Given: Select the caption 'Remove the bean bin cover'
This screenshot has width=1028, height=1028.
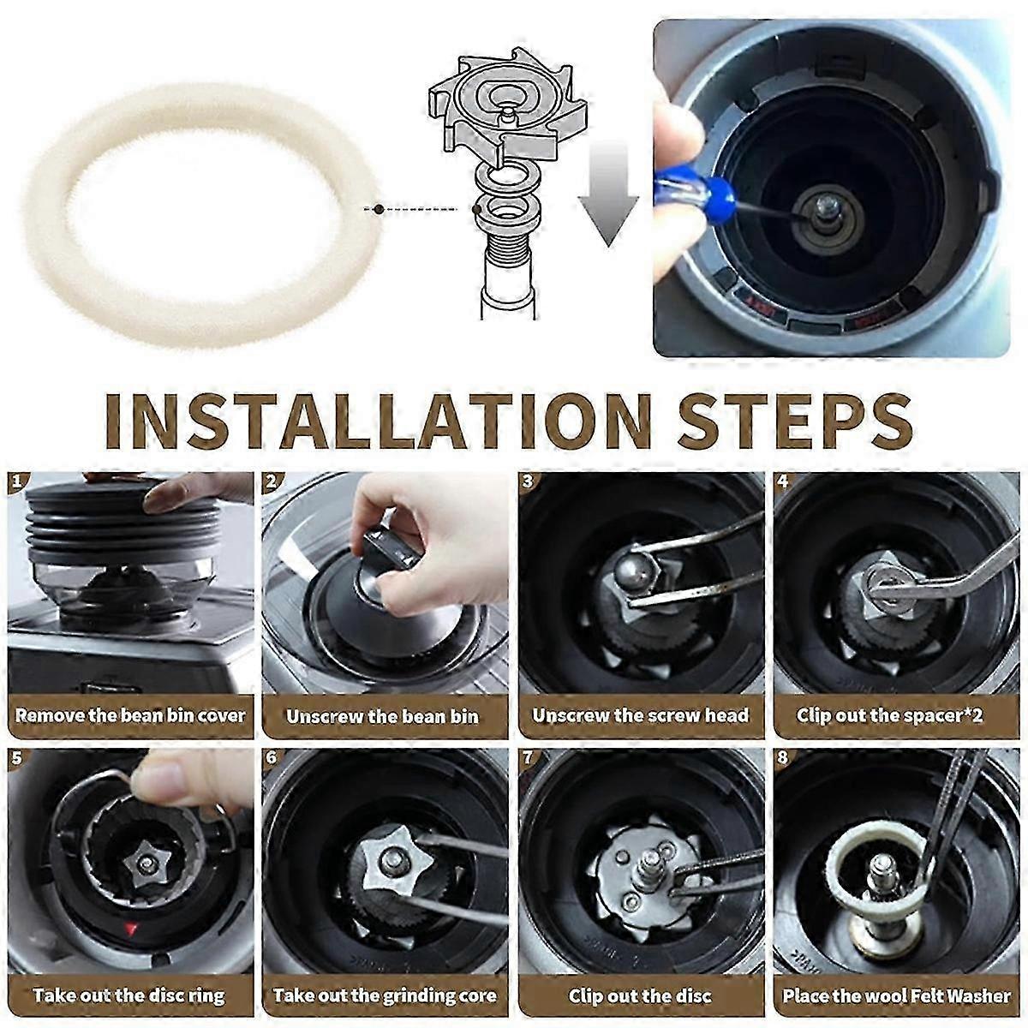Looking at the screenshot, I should click(x=130, y=715).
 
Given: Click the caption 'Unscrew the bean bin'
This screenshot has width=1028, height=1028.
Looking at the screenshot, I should click(x=382, y=716).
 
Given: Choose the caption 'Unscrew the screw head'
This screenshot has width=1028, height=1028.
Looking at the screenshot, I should click(x=641, y=715).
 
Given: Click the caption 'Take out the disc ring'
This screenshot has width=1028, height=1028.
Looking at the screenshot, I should click(x=129, y=995).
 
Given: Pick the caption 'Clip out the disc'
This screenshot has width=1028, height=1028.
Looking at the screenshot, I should click(x=640, y=995).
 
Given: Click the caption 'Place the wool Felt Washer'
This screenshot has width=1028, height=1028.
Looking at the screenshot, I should click(x=896, y=995).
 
